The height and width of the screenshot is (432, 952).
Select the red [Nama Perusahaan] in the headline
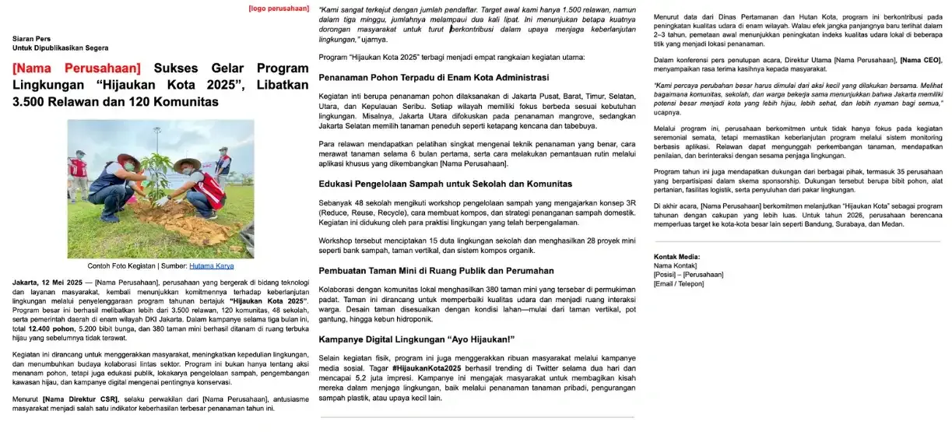(x=77, y=68)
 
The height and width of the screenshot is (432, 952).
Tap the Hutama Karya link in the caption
(x=211, y=265)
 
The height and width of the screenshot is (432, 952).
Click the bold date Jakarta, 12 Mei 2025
(x=46, y=281)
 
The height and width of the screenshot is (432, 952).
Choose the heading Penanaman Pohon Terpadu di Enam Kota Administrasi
(x=434, y=77)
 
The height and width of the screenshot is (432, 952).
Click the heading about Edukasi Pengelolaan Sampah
(x=445, y=184)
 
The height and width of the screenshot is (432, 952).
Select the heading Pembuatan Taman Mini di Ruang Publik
(x=436, y=270)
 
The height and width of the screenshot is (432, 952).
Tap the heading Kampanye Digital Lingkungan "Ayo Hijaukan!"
(x=416, y=339)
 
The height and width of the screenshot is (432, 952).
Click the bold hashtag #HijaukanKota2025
(x=427, y=367)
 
